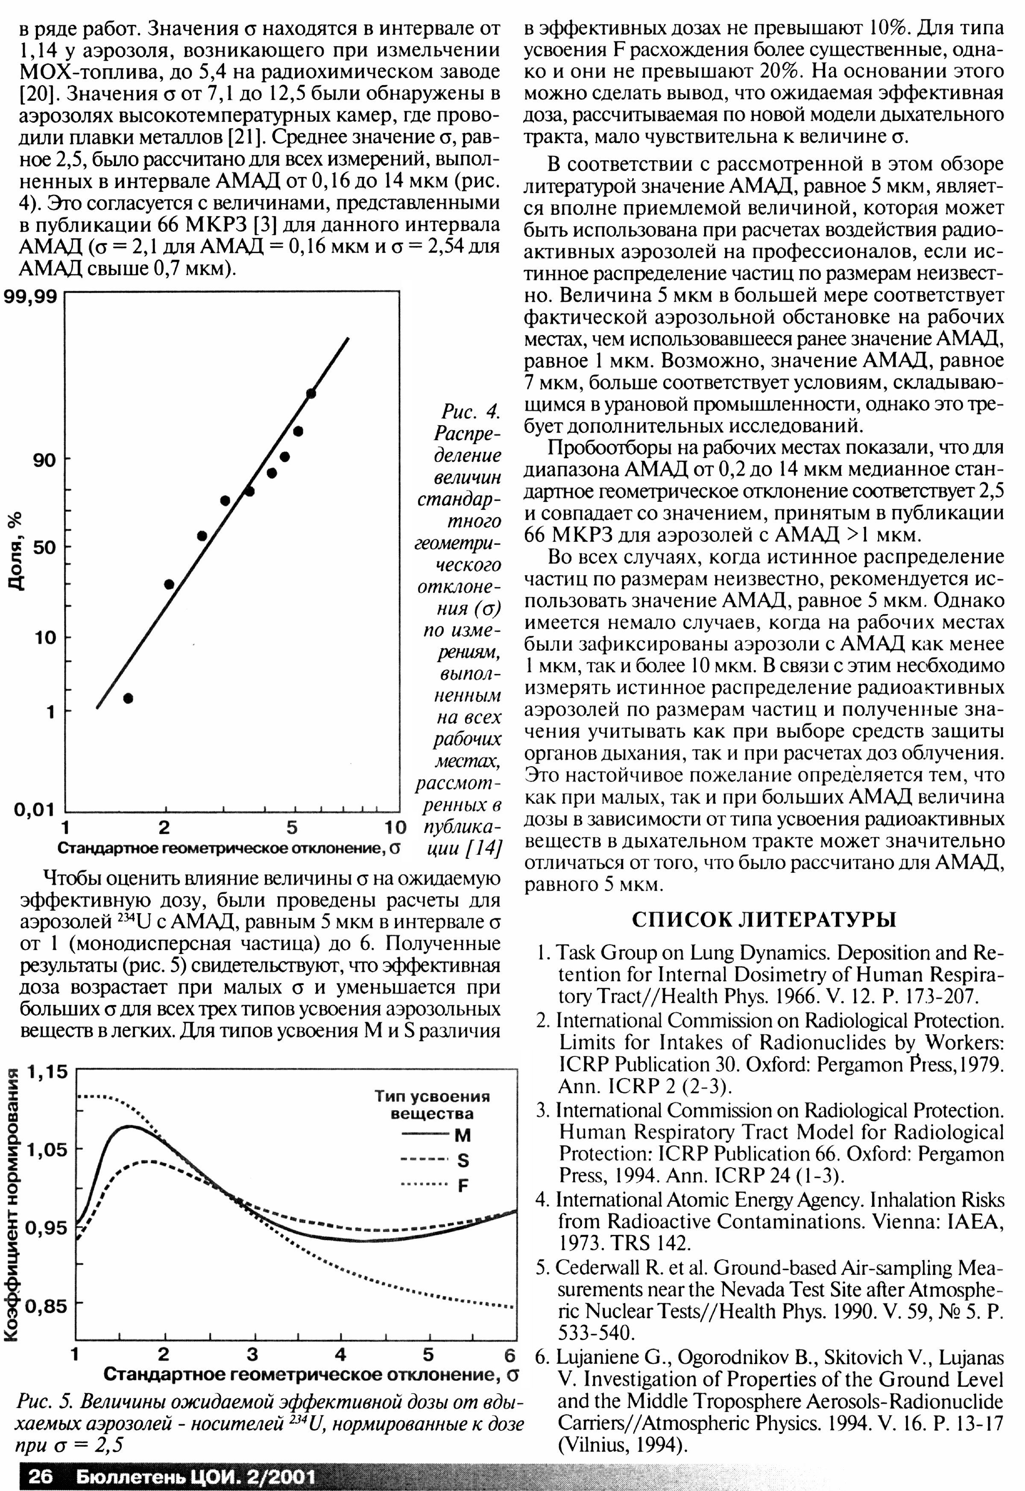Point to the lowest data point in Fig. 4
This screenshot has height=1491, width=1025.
(128, 699)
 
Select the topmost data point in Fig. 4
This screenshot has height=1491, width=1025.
(311, 393)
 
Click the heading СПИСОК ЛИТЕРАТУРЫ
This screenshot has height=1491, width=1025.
(764, 920)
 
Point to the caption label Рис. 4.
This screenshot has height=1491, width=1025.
(470, 411)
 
